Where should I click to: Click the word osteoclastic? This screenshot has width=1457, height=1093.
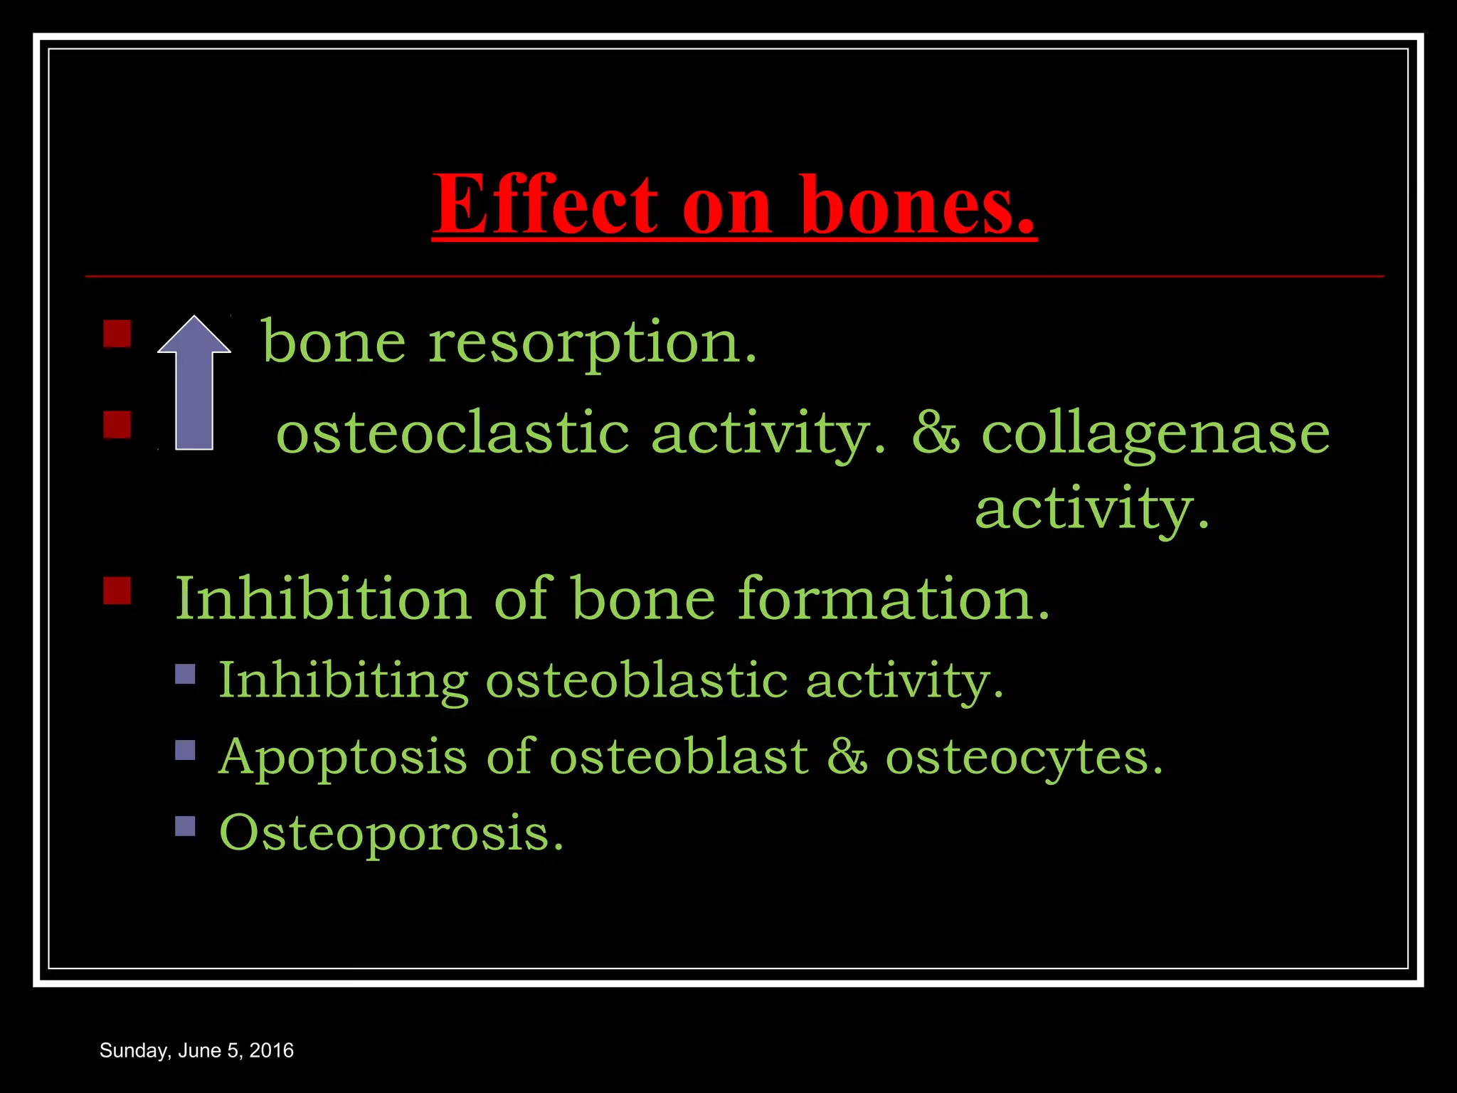pos(452,434)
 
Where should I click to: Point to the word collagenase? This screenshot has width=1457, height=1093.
pos(1155,434)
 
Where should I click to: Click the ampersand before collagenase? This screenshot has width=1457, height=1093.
pos(936,434)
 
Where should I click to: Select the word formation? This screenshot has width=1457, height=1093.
pos(894,599)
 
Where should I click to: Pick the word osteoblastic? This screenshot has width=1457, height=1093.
pos(637,681)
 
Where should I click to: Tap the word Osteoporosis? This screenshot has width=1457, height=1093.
pos(391,833)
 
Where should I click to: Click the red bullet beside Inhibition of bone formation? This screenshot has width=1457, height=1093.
pos(117,591)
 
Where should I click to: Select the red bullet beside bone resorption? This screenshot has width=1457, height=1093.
pos(117,333)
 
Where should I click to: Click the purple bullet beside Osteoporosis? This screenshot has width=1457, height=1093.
pos(185,825)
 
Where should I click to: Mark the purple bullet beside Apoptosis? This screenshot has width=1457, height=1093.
pos(185,750)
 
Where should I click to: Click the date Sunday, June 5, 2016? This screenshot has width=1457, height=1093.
pos(196,1051)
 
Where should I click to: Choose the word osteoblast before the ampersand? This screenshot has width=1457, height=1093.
pos(679,757)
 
